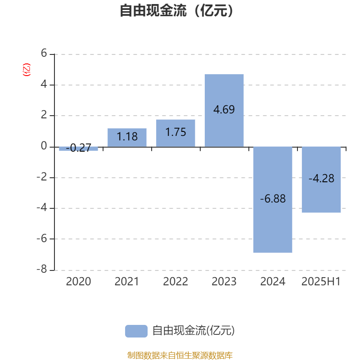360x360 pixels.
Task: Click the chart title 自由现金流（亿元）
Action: tap(176, 10)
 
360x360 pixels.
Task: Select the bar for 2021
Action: tap(127, 138)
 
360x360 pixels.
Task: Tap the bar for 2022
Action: tap(175, 133)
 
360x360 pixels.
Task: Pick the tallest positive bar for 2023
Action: tap(224, 110)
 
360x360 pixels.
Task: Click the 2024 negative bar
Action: tap(273, 200)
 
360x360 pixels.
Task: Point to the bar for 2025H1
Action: tap(321, 180)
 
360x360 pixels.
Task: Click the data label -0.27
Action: tap(78, 148)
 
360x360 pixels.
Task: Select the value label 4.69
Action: tap(224, 109)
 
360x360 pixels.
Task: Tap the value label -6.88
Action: tap(273, 198)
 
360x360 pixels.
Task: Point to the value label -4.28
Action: tap(321, 178)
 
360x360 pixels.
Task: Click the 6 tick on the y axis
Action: tap(44, 53)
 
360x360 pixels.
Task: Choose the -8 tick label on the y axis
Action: tap(42, 269)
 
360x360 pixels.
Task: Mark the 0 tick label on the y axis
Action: tap(44, 146)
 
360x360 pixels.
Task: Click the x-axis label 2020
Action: tap(78, 282)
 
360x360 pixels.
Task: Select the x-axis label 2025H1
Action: tap(321, 282)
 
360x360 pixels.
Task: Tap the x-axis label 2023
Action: tap(224, 282)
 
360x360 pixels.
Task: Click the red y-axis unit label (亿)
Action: tap(27, 70)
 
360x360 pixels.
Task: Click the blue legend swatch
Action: tap(136, 331)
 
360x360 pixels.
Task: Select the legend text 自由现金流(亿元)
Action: tap(193, 331)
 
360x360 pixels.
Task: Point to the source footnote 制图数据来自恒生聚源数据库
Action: tap(180, 355)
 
